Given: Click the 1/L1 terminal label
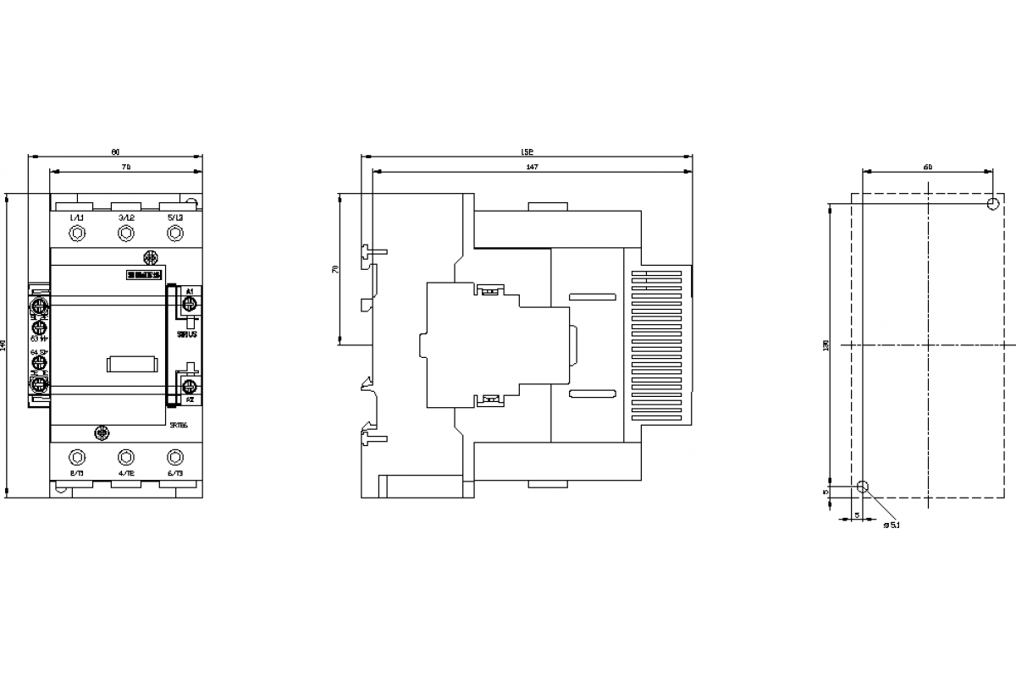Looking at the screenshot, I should [76, 217].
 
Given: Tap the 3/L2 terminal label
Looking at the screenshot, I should [126, 217].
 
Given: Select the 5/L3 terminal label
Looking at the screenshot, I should [175, 217].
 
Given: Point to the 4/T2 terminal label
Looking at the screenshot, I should [126, 473].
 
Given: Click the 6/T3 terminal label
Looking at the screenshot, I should [175, 473].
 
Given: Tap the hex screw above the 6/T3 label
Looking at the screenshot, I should [175, 457].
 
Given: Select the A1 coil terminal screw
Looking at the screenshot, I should [190, 304].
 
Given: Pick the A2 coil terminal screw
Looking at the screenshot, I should [190, 386].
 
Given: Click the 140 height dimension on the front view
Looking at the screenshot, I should [4, 345].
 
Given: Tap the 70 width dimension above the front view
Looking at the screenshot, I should [125, 168].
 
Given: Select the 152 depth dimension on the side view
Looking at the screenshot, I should [527, 153].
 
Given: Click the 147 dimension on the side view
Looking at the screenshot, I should [532, 168].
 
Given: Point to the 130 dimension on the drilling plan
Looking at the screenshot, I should [825, 345].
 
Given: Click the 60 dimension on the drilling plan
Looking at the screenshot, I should [928, 167].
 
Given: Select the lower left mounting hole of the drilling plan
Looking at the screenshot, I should [863, 487].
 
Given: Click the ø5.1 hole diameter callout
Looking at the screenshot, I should [891, 526].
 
